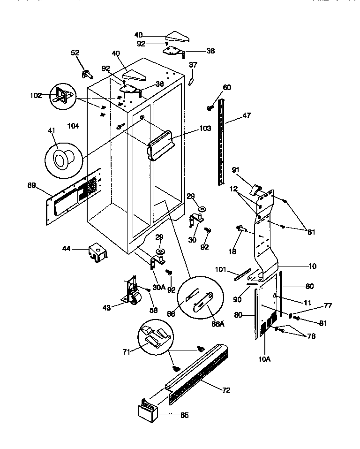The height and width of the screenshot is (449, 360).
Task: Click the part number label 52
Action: tap(75, 53)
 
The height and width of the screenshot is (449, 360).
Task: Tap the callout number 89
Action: tap(32, 185)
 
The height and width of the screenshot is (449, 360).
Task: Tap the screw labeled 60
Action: tap(210, 108)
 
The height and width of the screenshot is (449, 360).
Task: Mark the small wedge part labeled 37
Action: tap(191, 81)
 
